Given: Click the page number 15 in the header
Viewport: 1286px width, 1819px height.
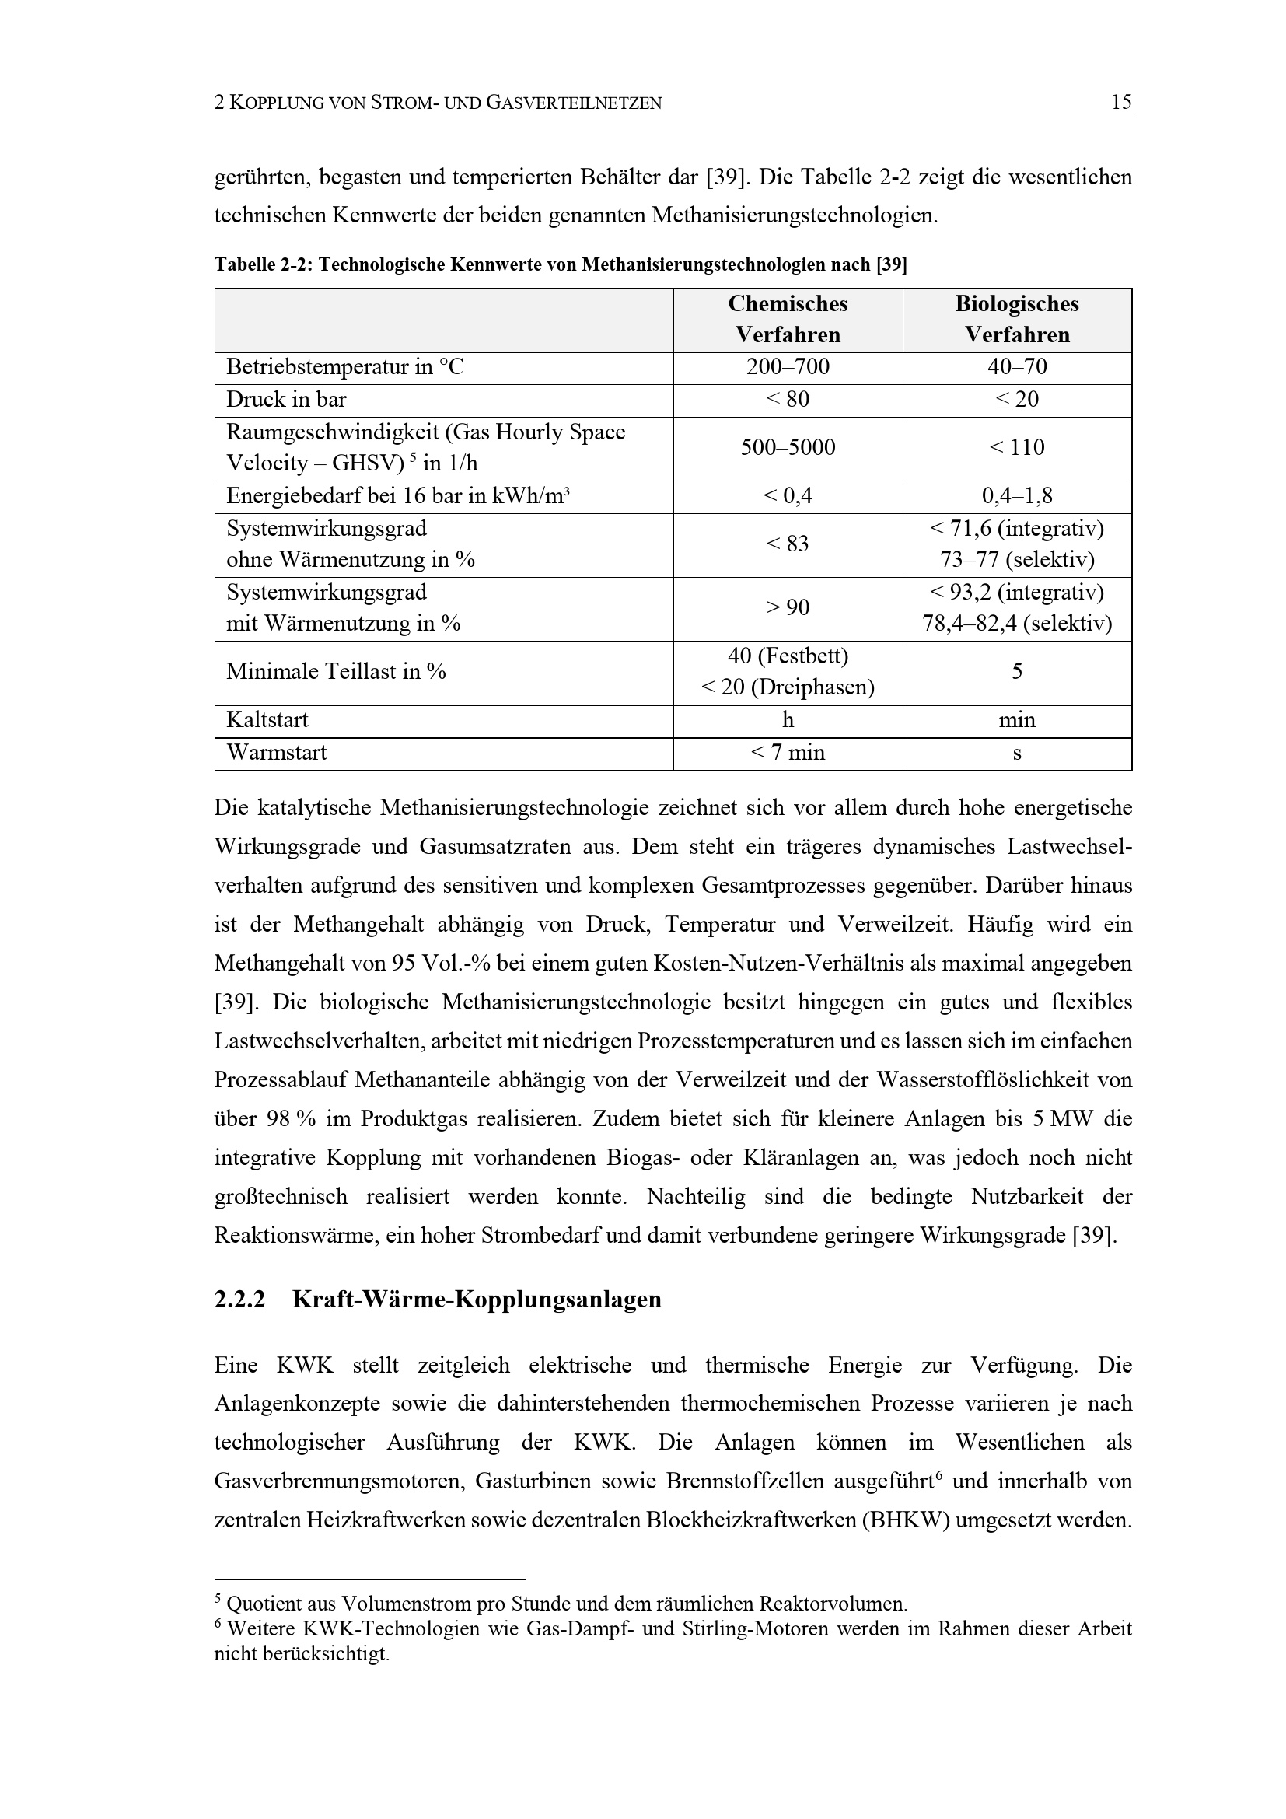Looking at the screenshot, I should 1121,102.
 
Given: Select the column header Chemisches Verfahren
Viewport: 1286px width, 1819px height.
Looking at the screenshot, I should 787,320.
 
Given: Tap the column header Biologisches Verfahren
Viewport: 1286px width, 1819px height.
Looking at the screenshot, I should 1017,320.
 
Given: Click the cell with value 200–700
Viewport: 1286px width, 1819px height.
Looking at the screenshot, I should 787,367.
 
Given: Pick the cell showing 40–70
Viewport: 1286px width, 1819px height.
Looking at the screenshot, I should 1017,367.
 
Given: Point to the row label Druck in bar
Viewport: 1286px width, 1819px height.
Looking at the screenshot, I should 287,399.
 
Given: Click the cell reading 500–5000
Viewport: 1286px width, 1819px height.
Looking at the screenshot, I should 787,448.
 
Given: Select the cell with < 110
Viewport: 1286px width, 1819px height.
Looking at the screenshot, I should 1017,448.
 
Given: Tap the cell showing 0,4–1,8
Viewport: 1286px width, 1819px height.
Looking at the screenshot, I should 1017,497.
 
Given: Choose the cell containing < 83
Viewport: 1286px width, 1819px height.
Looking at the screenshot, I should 787,544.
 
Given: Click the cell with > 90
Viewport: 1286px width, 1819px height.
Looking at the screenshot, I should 787,607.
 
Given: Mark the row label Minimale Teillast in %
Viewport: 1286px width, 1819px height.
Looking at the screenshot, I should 336,672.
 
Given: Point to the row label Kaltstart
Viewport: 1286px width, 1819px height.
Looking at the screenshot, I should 267,720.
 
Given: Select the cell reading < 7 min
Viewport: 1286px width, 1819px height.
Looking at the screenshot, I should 787,753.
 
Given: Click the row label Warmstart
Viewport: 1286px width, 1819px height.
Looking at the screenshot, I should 276,753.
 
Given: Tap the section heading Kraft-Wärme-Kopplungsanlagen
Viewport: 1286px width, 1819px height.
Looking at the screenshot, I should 477,1300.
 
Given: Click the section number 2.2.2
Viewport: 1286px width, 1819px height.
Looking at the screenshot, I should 239,1300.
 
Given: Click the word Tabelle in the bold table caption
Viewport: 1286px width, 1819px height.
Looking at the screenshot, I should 244,264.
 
